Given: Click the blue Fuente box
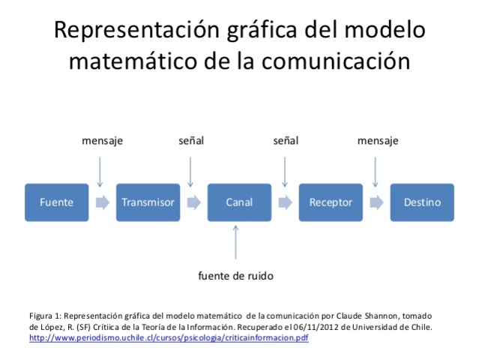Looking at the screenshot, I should tap(56, 202).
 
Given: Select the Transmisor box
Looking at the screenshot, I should tap(148, 202).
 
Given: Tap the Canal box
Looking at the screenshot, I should tap(239, 202).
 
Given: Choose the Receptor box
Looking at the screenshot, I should tap(331, 202).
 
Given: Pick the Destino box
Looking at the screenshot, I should tap(422, 202).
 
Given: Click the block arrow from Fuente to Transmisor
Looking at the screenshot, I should tap(102, 202).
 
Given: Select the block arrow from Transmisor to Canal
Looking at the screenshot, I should tap(193, 202).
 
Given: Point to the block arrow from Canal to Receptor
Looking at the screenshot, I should tap(285, 202).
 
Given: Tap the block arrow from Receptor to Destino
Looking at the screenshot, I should tap(376, 202).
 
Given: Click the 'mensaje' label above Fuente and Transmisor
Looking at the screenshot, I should tap(102, 140).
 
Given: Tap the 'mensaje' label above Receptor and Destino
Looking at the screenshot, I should tap(378, 140).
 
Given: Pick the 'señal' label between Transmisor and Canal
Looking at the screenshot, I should tap(191, 140).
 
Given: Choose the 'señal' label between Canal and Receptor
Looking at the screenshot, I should tap(285, 140).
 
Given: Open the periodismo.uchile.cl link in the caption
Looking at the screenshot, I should tap(169, 338).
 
